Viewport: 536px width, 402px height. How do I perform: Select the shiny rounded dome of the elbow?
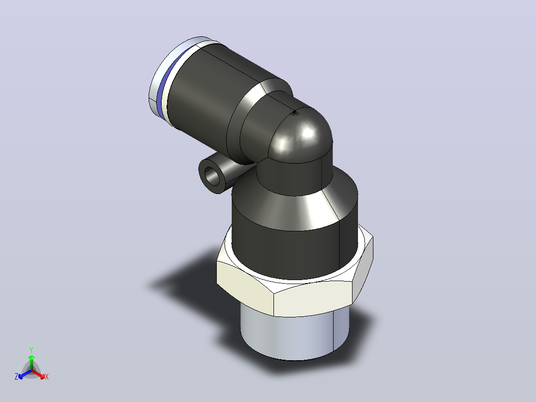(301, 137)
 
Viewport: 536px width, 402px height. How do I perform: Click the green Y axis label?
(31, 350)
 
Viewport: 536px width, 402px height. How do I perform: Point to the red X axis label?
(47, 377)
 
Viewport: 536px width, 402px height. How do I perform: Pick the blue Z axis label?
(16, 377)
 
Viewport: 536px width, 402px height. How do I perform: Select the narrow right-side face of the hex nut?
(363, 270)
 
